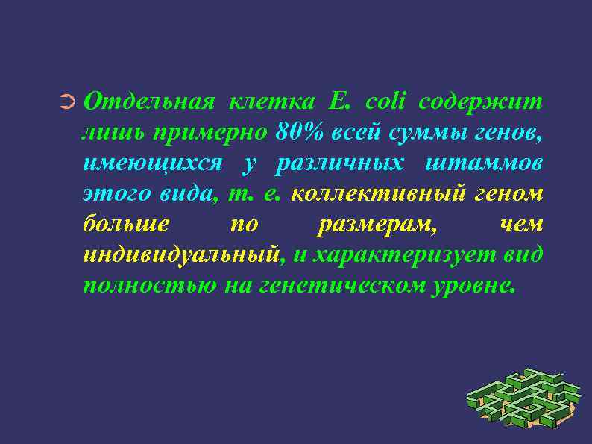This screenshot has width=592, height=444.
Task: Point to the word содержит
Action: pyautogui.click(x=481, y=101)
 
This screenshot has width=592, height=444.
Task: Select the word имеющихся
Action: pyautogui.click(x=152, y=163)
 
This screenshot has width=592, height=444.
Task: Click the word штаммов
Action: pyautogui.click(x=485, y=163)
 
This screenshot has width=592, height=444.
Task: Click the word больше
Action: pyautogui.click(x=126, y=224)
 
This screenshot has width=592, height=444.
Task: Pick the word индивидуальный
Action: pyautogui.click(x=183, y=255)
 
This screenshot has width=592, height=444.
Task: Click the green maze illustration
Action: pyautogui.click(x=523, y=399)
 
